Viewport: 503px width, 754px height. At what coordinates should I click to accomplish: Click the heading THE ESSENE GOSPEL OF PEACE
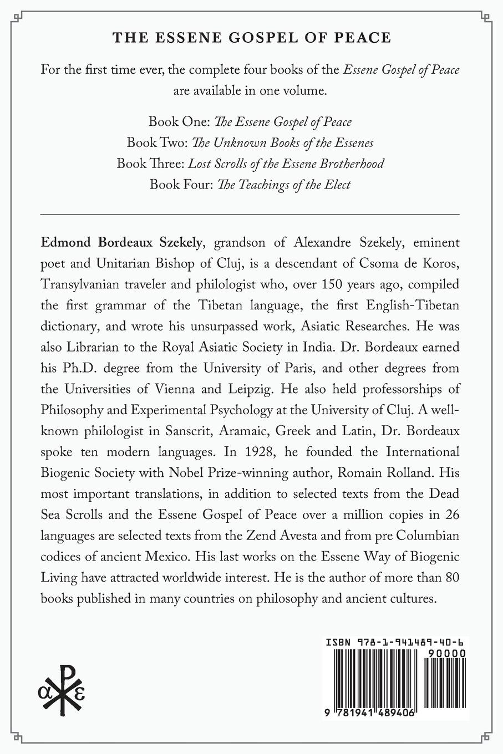(x=252, y=38)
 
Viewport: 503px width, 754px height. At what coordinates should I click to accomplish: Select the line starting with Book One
(x=250, y=121)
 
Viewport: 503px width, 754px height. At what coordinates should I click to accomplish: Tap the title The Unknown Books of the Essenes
(x=283, y=142)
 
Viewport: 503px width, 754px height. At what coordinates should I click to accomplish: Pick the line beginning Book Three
(x=250, y=164)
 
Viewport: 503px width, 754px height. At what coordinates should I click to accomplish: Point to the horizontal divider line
(x=250, y=213)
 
